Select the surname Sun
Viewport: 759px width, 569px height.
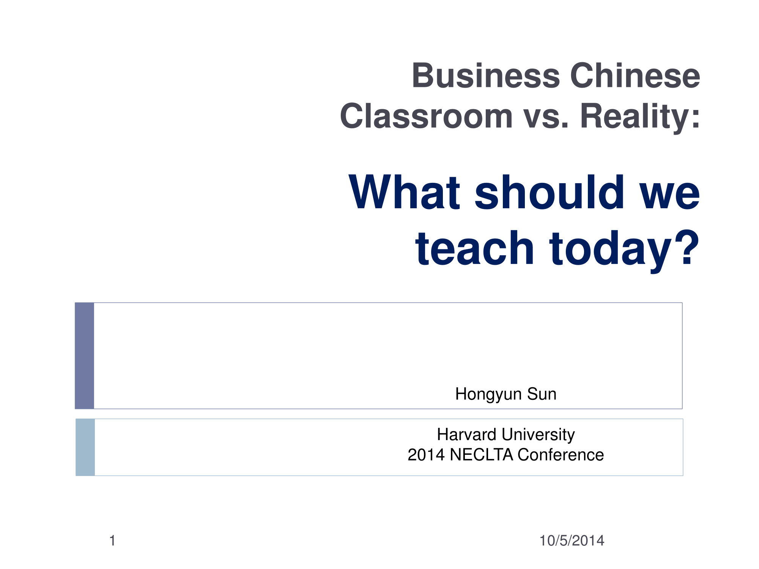[x=542, y=394]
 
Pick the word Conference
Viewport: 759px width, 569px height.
[x=561, y=455]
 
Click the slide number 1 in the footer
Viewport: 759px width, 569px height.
[x=112, y=541]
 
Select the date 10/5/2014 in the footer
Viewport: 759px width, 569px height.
[x=572, y=541]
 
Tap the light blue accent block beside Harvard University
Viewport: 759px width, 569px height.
[x=85, y=447]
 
